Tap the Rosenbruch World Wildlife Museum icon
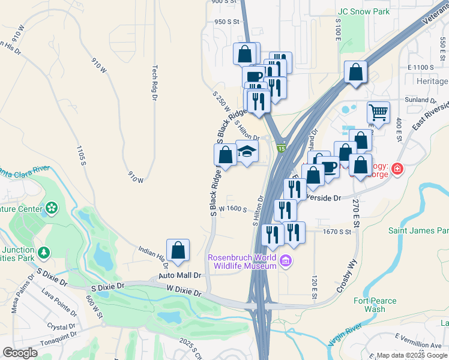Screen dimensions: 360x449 click(286, 261)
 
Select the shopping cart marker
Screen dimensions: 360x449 click(378, 112)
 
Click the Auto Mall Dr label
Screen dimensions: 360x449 click(179, 275)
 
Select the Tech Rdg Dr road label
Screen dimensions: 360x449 click(154, 82)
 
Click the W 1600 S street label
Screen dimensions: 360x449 click(233, 209)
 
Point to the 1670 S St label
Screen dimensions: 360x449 click(336, 230)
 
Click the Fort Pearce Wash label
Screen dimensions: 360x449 click(375, 305)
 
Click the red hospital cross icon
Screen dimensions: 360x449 click(397, 170)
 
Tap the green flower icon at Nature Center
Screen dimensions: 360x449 click(52, 209)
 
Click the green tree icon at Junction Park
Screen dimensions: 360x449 click(43, 253)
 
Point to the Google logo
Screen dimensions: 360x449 click(20, 353)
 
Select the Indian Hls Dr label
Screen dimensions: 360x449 click(152, 256)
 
